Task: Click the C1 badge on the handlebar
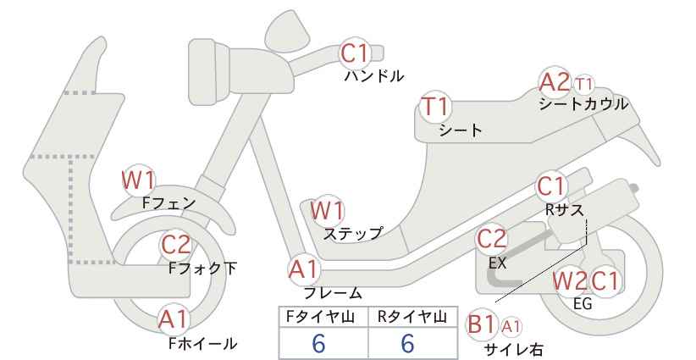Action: [x=355, y=53]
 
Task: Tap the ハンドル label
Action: [x=374, y=76]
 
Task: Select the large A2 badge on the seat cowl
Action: [x=555, y=82]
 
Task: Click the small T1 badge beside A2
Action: [x=583, y=84]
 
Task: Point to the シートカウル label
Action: [x=583, y=104]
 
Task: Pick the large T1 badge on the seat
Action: [x=435, y=107]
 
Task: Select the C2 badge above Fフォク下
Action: [x=176, y=244]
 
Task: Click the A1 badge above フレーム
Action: [x=305, y=269]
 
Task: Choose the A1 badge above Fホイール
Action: [x=174, y=319]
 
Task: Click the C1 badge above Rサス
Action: [x=550, y=186]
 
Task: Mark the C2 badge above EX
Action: [x=491, y=239]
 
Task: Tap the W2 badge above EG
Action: [x=570, y=281]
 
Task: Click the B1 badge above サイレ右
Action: [x=481, y=324]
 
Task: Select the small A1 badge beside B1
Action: [x=511, y=327]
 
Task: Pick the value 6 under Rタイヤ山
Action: [x=407, y=343]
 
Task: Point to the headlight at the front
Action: [x=209, y=72]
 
